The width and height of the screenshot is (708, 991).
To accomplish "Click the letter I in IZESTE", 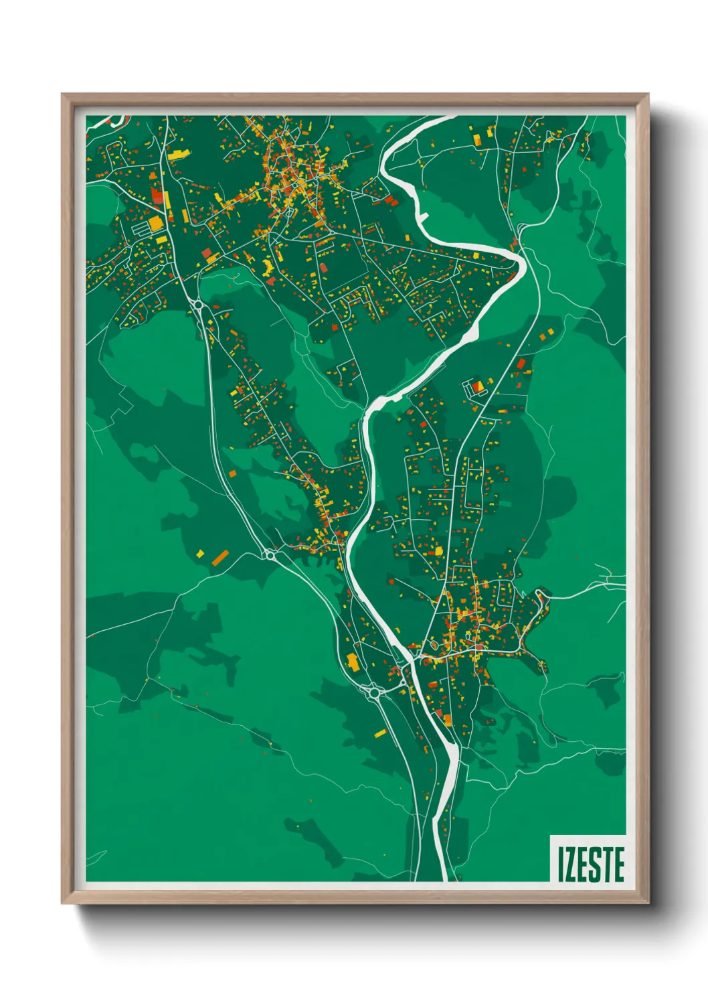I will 561,864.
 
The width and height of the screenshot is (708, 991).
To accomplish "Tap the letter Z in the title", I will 569,864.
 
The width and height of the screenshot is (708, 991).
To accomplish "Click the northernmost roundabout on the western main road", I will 199,305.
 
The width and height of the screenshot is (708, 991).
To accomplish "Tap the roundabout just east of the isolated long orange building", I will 270,554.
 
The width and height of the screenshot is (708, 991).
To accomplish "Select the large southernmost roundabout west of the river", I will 373,692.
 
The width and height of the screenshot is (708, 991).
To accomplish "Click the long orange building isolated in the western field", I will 220,557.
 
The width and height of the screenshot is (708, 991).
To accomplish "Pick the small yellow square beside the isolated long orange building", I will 200,553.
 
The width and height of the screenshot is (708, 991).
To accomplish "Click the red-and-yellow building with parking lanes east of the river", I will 478,386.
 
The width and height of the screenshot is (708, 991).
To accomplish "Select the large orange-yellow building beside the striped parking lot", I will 156,223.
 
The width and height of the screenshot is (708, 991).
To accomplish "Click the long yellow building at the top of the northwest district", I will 177,154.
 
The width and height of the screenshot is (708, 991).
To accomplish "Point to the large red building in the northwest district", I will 157,196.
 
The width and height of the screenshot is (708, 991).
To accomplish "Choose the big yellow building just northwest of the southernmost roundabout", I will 352,662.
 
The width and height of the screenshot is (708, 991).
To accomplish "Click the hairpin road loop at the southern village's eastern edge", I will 541,595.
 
